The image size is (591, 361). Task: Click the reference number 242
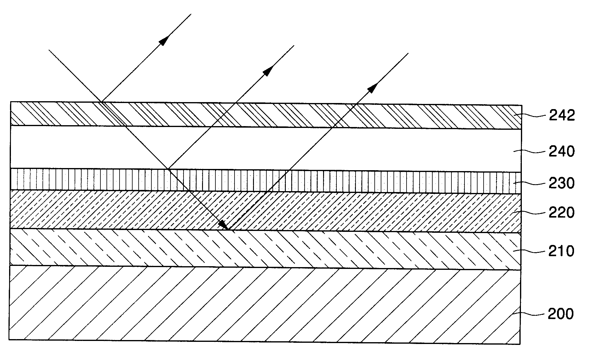coord(562,116)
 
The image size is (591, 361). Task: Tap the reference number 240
coord(562,152)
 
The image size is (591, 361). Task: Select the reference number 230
coord(562,184)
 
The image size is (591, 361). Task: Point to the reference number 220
coord(562,213)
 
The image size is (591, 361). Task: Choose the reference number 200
coord(561,314)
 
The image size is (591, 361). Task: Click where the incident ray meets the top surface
coord(101,102)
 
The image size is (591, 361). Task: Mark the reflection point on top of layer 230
coord(168,169)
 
